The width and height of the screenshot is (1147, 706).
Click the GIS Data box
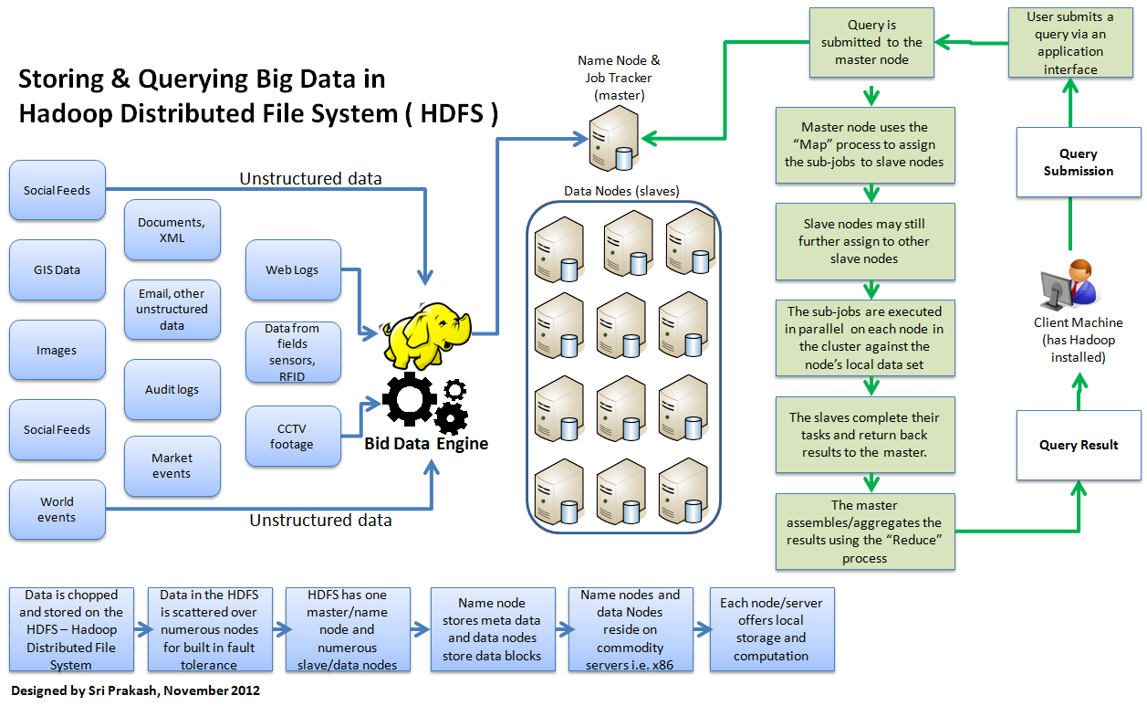pos(57,270)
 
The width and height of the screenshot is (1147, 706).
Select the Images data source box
pos(57,350)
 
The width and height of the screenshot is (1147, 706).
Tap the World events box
pos(57,510)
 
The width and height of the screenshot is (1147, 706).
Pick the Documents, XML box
pos(172,230)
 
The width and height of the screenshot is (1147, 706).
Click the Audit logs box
pos(172,389)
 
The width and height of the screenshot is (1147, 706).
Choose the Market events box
pos(172,466)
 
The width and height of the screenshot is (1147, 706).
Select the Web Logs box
pos(293,270)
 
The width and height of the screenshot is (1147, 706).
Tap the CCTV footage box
pos(293,437)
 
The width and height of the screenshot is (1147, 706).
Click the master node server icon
pos(611,137)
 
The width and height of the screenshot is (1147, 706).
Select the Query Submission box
pos(1079,163)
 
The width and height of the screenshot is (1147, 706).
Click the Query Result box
pos(1079,445)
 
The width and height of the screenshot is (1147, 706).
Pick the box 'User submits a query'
pos(1069,43)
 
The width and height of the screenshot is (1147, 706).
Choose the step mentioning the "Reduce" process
pos(864,532)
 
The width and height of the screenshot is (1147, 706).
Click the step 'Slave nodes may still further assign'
pos(864,241)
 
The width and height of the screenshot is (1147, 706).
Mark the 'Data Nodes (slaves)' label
pos(621,191)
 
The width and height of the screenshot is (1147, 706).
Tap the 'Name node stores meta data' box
pos(492,629)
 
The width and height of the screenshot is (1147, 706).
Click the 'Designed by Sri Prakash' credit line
pos(136,690)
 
